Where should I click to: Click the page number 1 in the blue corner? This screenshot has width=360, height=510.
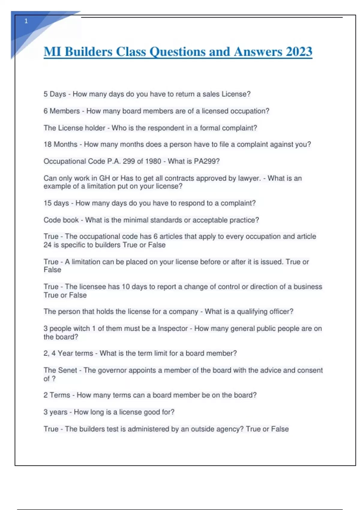tap(26, 21)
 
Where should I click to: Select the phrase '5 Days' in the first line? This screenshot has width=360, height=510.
tap(55, 94)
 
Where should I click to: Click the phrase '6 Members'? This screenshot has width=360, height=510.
tap(61, 111)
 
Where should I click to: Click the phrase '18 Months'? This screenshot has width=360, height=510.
tap(60, 144)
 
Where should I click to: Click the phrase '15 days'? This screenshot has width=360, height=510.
tap(56, 203)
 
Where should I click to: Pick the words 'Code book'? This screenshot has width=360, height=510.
tap(61, 220)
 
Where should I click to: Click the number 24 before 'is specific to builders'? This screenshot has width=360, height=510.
tap(47, 245)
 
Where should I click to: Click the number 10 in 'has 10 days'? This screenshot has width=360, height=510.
tap(126, 287)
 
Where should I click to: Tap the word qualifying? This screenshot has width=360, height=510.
tap(253, 311)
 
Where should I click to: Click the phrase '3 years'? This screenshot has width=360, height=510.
tap(55, 412)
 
